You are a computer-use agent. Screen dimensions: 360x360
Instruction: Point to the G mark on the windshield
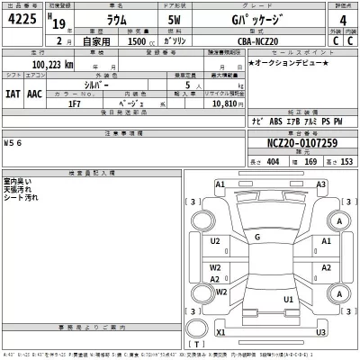point(257,237)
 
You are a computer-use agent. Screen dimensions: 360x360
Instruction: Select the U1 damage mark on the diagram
point(288,299)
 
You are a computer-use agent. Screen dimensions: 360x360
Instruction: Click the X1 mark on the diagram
point(219,332)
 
